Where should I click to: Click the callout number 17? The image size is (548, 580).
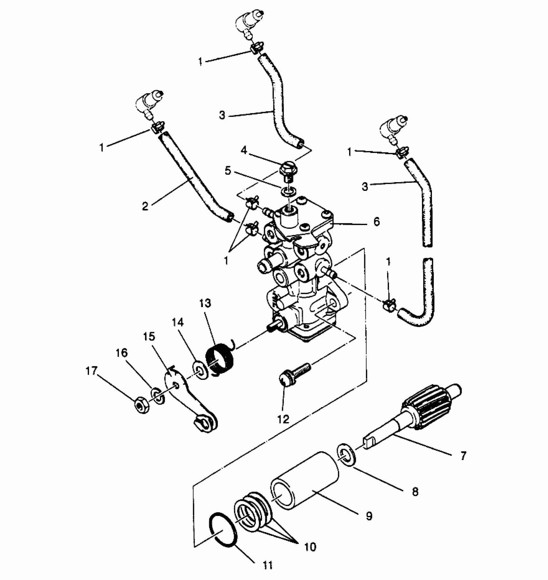click(x=91, y=371)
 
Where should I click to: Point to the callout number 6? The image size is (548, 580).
click(x=376, y=221)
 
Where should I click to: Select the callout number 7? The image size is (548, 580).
click(x=463, y=456)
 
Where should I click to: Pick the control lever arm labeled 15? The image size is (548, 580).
click(x=190, y=402)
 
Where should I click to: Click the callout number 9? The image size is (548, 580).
click(x=369, y=516)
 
